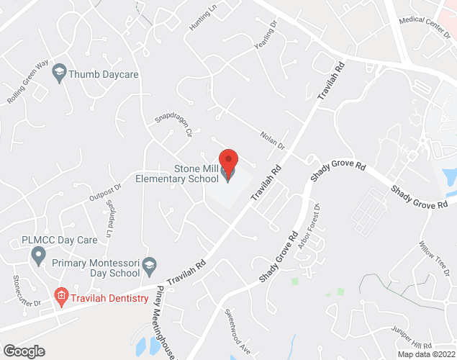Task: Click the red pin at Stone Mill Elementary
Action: pos(228,161)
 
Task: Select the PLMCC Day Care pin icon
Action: pos(38,254)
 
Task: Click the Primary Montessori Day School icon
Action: pos(150,264)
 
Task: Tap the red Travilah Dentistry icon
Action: pos(62,296)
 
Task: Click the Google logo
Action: pos(23,351)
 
